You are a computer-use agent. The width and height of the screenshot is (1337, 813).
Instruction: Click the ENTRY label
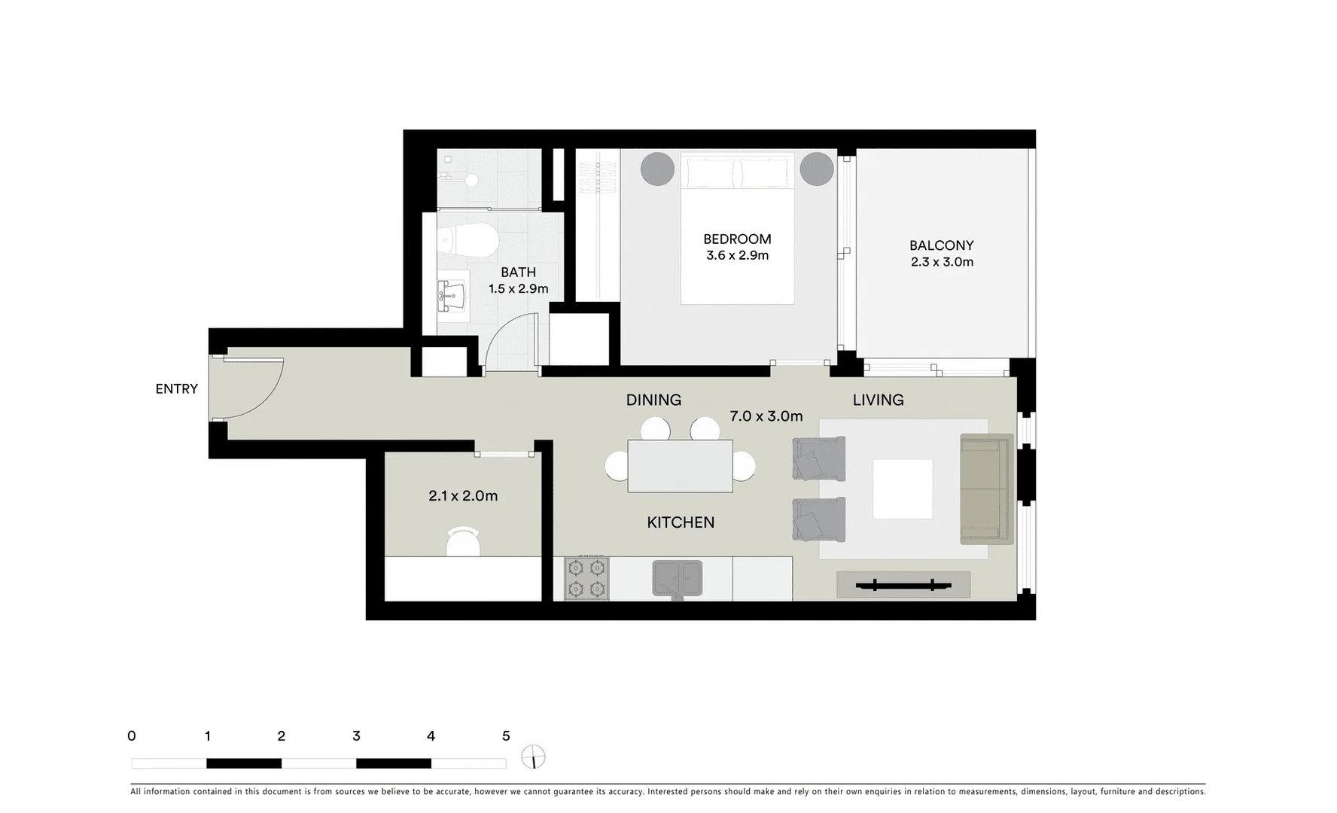(x=176, y=388)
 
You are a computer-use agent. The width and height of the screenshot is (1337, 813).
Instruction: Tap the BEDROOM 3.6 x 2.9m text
(x=737, y=247)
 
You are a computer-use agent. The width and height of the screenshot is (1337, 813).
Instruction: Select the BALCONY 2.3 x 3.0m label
(x=941, y=254)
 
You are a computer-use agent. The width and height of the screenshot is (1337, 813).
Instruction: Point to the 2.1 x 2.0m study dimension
(x=463, y=496)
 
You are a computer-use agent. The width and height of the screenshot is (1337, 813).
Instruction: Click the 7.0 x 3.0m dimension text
(x=766, y=416)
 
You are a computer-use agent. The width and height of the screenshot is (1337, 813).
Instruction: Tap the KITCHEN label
(x=681, y=522)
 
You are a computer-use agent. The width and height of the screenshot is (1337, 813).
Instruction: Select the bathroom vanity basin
(x=452, y=294)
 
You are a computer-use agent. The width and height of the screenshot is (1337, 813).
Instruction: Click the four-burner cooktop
(x=586, y=578)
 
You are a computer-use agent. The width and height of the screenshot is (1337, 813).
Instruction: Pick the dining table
(x=680, y=466)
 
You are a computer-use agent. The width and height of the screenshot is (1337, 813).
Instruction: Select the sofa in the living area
(x=985, y=489)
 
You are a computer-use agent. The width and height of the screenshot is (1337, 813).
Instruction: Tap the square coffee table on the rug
(x=902, y=489)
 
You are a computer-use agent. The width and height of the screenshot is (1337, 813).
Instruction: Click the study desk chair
(x=463, y=541)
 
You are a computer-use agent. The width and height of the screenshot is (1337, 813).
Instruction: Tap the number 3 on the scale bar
(x=356, y=736)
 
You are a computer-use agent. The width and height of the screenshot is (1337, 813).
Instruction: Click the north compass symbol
(x=533, y=757)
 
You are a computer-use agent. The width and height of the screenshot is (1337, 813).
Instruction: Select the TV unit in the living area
(x=903, y=584)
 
